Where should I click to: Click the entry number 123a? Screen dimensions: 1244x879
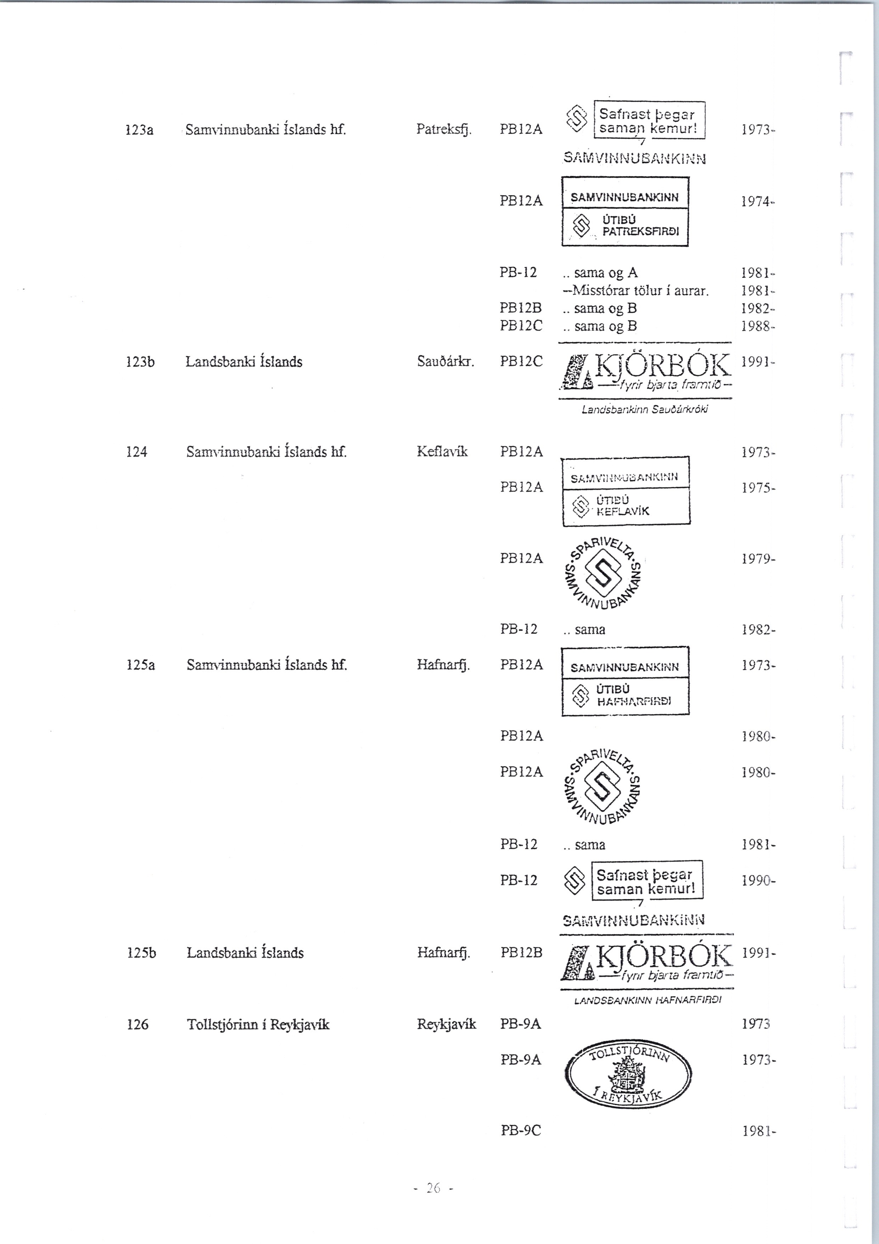coord(139,130)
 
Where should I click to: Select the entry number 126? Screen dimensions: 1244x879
coord(137,1024)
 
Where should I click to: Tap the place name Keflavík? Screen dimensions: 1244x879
coord(442,451)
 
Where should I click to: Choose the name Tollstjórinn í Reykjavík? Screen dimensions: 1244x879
coord(258,1024)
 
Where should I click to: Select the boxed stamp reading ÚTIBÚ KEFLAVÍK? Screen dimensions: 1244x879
coord(626,491)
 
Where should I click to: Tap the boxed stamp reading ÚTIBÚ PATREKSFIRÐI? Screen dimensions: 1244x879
coord(625,212)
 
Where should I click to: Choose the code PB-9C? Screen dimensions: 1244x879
coord(520,1131)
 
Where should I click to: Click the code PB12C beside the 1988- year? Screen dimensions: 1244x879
coord(520,326)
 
